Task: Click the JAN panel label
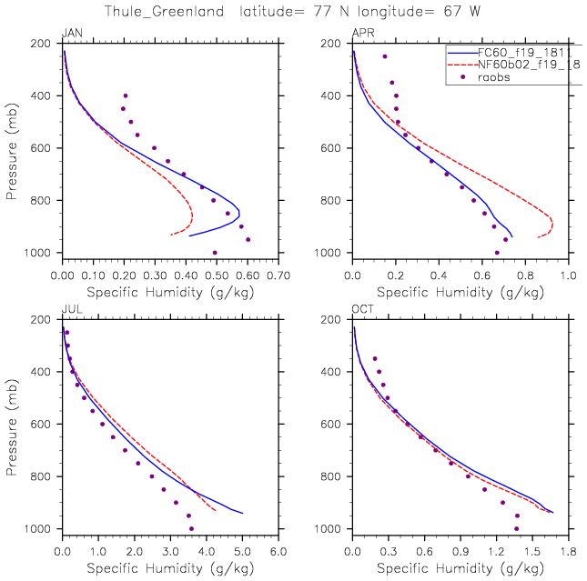coord(71,34)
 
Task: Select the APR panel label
coord(362,34)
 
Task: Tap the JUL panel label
coord(70,310)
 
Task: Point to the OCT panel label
coord(362,310)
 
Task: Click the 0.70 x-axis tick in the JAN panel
coord(278,274)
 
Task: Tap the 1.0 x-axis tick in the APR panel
coord(569,274)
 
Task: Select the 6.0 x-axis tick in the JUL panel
coord(278,550)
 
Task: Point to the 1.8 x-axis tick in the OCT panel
coord(569,550)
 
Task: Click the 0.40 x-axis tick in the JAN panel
coord(186,274)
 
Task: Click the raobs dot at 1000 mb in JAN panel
coord(215,252)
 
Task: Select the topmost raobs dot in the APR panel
coord(385,56)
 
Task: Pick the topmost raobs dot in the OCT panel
coord(374,358)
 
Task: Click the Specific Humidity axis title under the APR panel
coord(460,293)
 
